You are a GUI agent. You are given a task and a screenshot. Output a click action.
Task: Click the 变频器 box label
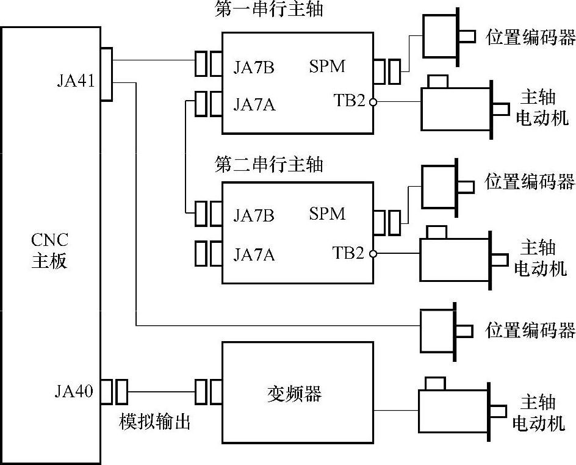pos(294,394)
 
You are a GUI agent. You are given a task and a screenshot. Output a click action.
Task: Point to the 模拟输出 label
pos(155,422)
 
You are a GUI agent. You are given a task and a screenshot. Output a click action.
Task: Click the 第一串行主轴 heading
pos(269,10)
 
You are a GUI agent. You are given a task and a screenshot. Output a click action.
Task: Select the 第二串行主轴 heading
pos(269,165)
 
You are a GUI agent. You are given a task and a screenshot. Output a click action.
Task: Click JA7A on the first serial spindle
pos(254,105)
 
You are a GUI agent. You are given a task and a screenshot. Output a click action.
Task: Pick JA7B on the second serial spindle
pos(254,216)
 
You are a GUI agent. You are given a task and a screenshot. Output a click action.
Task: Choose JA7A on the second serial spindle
pos(254,254)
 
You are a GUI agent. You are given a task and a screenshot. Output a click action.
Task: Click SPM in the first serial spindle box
pos(327,66)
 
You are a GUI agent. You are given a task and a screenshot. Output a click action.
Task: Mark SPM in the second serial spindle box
pos(327,214)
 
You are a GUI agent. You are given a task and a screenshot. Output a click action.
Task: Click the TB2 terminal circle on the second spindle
pos(372,253)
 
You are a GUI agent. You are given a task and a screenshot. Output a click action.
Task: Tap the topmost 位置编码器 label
pos(530,37)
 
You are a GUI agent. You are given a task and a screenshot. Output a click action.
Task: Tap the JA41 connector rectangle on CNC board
pos(106,74)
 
